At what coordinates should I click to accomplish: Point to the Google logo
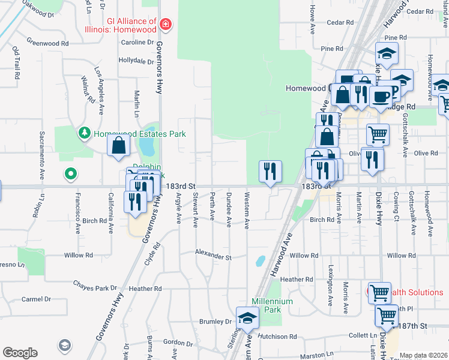coord(20,353)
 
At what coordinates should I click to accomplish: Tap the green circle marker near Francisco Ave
coord(71,175)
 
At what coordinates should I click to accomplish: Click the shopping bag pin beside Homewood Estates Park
coord(119,145)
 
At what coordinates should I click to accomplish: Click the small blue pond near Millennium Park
coord(260,261)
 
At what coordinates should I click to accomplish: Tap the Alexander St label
coord(213,257)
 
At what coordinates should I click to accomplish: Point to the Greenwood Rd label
coord(48,43)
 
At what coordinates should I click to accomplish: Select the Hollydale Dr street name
coord(136,61)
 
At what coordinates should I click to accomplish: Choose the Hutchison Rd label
coord(279,337)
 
